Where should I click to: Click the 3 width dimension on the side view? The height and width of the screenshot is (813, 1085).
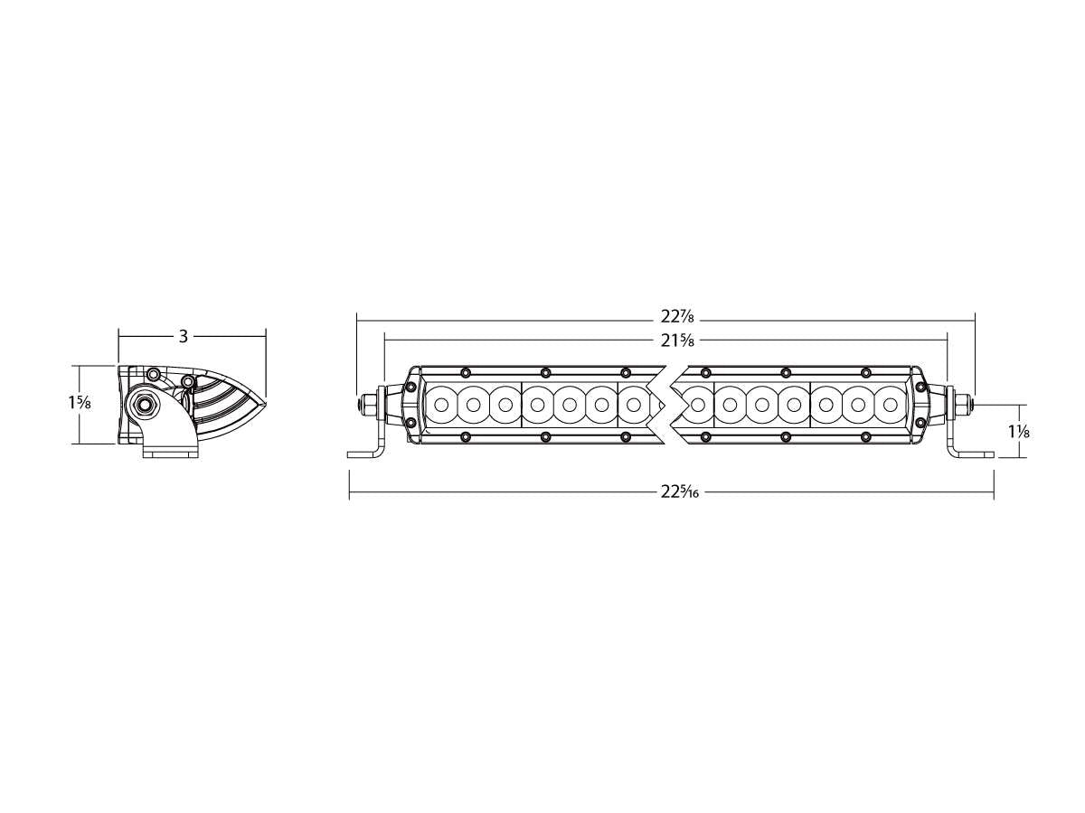pyautogui.click(x=183, y=336)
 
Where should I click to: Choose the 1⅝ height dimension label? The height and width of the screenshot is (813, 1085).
pyautogui.click(x=78, y=403)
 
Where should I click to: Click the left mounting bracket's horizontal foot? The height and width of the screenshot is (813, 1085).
pyautogui.click(x=362, y=453)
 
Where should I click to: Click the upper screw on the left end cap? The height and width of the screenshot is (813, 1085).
pyautogui.click(x=411, y=386)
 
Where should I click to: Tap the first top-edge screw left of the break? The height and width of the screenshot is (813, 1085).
pyautogui.click(x=624, y=372)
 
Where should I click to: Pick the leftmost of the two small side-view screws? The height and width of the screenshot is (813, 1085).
pyautogui.click(x=154, y=374)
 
